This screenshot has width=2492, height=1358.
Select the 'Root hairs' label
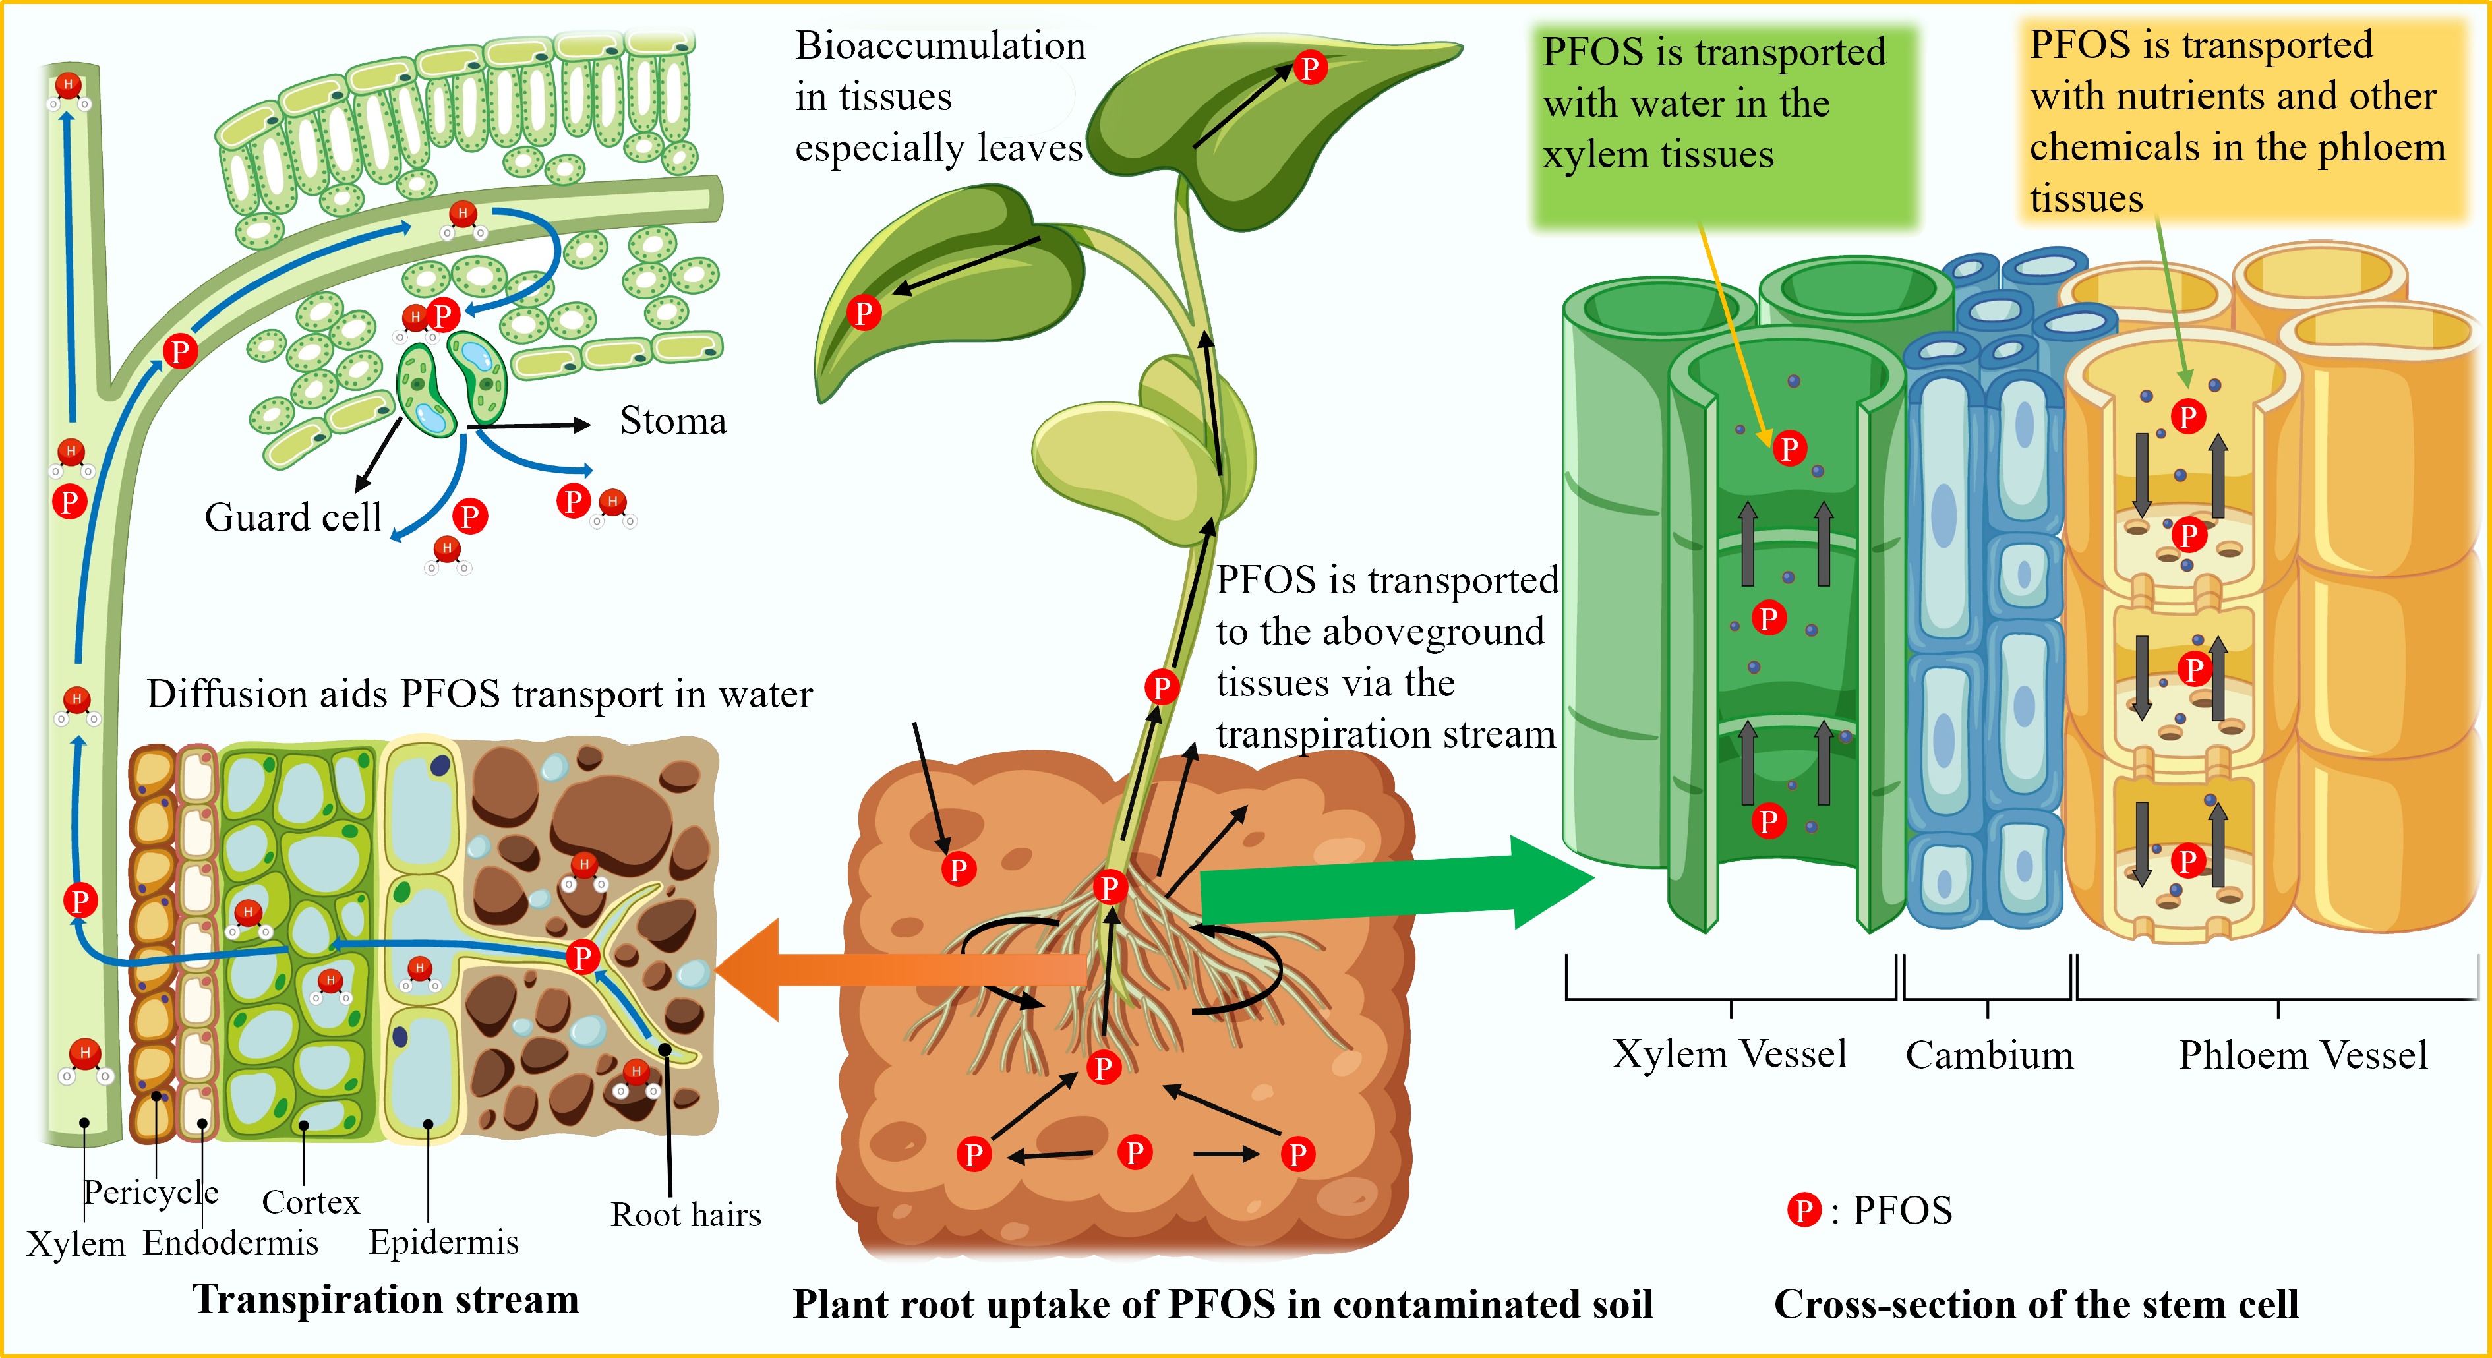pyautogui.click(x=686, y=1215)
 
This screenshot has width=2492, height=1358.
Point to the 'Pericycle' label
pyautogui.click(x=151, y=1193)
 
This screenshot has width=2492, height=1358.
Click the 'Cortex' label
pyautogui.click(x=311, y=1202)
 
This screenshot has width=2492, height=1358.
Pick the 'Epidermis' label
pyautogui.click(x=444, y=1243)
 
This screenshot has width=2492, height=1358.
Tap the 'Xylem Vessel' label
pyautogui.click(x=1730, y=1054)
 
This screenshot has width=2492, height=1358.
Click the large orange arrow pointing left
pyautogui.click(x=900, y=970)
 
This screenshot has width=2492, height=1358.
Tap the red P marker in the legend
pyautogui.click(x=1803, y=1210)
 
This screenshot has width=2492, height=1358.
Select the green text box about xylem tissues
pyautogui.click(x=1724, y=126)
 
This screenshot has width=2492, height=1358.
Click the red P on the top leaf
pyautogui.click(x=1310, y=68)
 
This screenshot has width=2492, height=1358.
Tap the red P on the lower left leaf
pyautogui.click(x=864, y=312)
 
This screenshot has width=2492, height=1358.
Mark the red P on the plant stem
pyautogui.click(x=1161, y=687)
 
